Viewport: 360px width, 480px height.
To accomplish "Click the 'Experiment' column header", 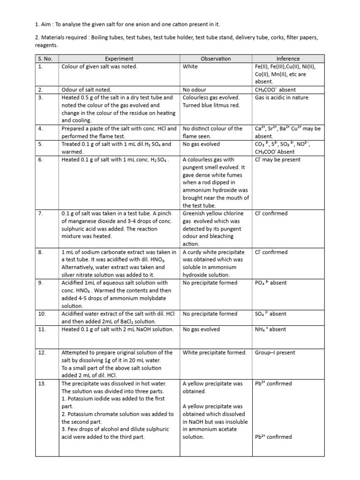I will [119, 59].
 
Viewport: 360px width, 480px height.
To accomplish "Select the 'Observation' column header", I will [216, 59].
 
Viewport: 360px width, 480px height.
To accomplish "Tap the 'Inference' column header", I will [288, 59].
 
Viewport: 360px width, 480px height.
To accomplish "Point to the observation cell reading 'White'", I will [190, 67].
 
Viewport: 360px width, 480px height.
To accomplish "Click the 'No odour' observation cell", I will [195, 90].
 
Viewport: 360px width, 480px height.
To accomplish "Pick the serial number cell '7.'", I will [41, 214].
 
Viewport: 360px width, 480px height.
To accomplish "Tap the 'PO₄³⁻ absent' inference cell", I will [270, 283].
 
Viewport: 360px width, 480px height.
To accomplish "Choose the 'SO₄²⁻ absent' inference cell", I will [270, 314].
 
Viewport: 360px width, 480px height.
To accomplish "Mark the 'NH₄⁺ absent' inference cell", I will [270, 330].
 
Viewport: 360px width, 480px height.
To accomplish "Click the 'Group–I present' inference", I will [273, 353].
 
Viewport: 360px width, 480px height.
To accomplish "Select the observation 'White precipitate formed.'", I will [214, 353].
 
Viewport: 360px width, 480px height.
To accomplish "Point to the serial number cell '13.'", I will [42, 384].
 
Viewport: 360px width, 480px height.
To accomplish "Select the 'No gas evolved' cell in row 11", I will [201, 330].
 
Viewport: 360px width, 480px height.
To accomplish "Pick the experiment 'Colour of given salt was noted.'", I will [99, 67].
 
